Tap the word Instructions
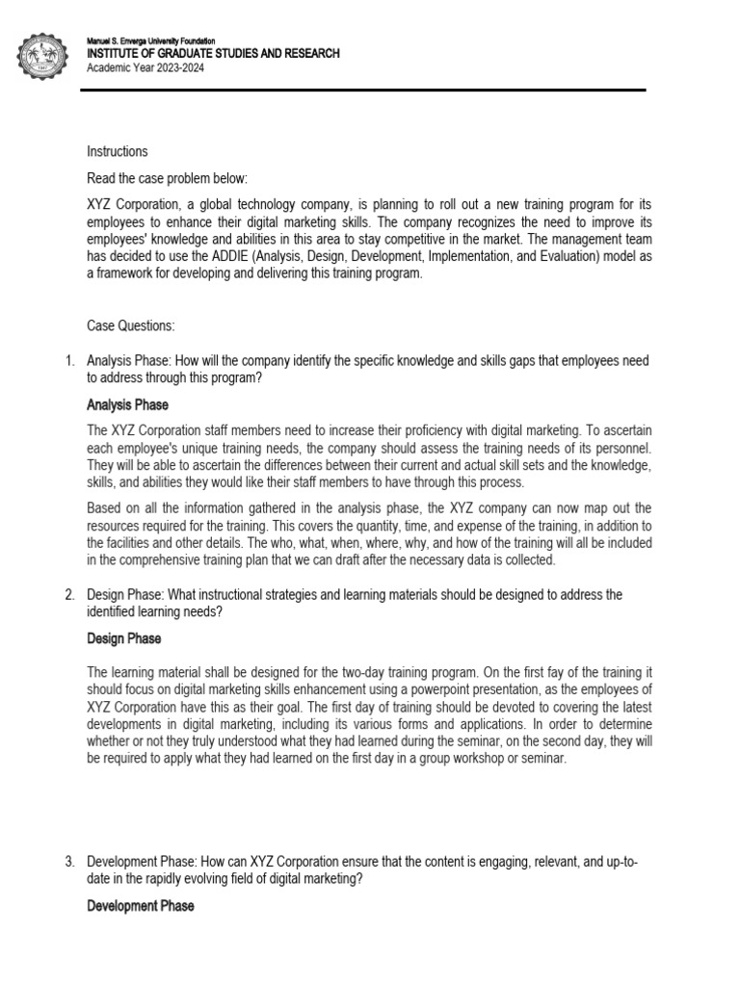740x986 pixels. [118, 151]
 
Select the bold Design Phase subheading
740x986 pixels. [124, 638]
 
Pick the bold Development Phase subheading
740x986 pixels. [141, 906]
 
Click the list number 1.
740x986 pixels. [69, 361]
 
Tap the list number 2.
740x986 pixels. [69, 595]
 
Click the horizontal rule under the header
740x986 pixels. [365, 91]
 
